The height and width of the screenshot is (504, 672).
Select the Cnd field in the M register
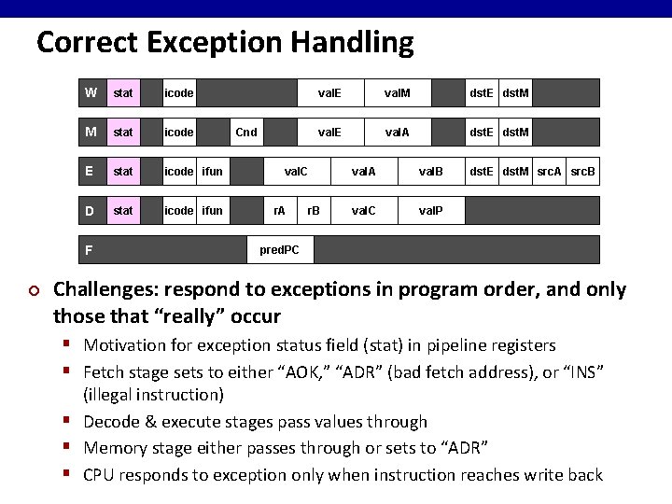click(x=246, y=133)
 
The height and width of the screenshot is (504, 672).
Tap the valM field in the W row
click(x=398, y=93)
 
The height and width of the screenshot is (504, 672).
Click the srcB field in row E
click(x=583, y=172)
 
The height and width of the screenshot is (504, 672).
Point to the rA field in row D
click(x=279, y=211)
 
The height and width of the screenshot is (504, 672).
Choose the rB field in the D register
click(x=314, y=211)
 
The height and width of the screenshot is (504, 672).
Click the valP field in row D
click(x=430, y=211)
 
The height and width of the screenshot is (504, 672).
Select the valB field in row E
click(x=430, y=172)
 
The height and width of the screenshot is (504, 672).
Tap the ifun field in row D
click(x=213, y=211)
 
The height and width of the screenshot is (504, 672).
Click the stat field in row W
click(x=122, y=93)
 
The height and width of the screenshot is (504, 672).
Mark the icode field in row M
click(x=179, y=133)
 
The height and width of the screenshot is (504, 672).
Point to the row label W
click(x=90, y=93)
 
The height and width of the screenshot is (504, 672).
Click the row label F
click(x=89, y=250)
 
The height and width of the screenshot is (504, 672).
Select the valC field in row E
click(x=296, y=172)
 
